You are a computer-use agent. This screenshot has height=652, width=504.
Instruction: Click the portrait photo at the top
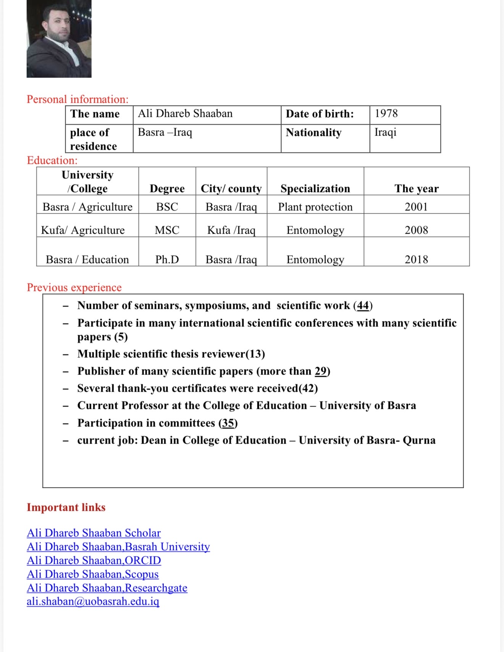59,39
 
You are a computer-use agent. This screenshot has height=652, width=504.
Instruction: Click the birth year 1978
386,113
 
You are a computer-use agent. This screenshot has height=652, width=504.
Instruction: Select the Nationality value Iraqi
385,132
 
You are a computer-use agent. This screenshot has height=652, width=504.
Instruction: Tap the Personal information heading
78,99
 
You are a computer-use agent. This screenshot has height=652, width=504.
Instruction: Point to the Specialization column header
315,189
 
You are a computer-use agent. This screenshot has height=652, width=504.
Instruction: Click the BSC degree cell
167,207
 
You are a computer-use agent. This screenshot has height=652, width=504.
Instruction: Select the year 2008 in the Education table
416,230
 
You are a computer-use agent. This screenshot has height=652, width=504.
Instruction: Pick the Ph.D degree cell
167,260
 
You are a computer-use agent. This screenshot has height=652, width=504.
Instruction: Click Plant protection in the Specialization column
315,207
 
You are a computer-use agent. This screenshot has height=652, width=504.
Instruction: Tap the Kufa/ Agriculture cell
83,230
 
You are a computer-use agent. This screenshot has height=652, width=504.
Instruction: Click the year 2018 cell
416,260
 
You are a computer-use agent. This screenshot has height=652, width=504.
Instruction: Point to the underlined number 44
363,305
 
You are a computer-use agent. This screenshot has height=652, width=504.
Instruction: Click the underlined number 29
320,371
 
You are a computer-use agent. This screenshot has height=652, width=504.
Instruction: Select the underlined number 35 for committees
228,423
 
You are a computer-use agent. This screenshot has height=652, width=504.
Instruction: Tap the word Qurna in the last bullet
419,440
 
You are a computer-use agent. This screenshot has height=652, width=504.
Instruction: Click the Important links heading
66,507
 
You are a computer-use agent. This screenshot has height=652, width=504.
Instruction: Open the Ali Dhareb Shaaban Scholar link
94,533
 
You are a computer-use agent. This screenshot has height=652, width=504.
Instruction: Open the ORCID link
94,560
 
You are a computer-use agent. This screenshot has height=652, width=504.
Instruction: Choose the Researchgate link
107,588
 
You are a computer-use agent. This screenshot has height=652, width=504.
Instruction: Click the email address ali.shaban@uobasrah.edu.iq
93,602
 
